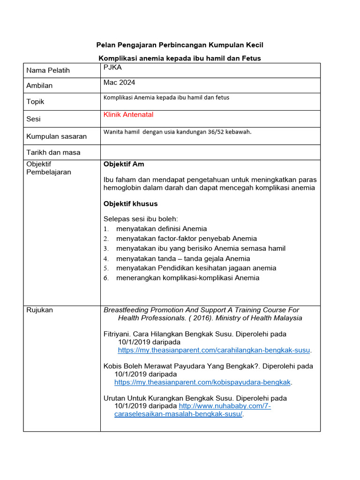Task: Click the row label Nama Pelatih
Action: click(48, 70)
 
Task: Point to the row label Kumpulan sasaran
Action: click(56, 136)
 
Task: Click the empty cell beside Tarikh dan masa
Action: click(210, 152)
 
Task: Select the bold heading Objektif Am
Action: click(123, 164)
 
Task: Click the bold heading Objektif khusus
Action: click(130, 204)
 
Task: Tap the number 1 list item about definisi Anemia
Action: click(161, 229)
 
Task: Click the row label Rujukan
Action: click(39, 310)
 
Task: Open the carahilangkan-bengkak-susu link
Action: click(214, 350)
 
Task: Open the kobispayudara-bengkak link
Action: click(202, 382)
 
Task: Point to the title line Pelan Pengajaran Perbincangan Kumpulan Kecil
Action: click(180, 45)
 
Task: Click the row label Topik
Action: click(36, 101)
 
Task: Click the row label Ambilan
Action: click(39, 85)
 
